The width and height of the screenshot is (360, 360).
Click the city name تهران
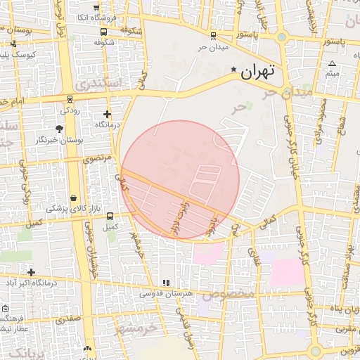pos(257,72)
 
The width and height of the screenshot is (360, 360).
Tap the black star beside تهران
pos(234,69)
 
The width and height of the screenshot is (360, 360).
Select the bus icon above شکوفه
pos(104,32)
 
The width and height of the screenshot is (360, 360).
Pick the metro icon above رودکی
pos(69,99)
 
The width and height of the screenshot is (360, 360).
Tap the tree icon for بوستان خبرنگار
pos(59,129)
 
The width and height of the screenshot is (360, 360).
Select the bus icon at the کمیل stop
pos(110,217)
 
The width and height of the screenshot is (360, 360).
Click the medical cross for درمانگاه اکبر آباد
pos(31,271)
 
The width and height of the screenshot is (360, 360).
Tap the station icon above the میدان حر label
pos(213,36)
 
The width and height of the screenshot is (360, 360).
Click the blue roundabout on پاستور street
pos(282,37)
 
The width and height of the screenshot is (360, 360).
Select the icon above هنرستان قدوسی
pos(166,283)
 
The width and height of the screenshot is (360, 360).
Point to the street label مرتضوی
pos(97,160)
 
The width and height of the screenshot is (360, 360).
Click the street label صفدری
pos(69,320)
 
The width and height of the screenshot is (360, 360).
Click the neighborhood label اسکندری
pos(103,84)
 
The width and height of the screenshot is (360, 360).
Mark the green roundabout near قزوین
pos(315,350)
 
